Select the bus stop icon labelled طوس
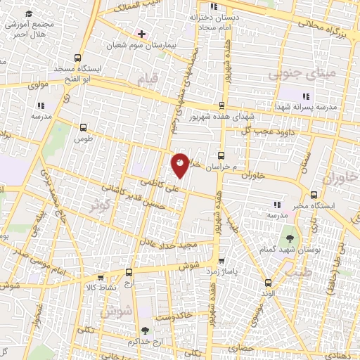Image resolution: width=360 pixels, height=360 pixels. coord(84,128)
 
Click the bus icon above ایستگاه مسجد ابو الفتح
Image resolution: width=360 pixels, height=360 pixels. coord(77,58)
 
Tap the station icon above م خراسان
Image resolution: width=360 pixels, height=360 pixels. coord(221,155)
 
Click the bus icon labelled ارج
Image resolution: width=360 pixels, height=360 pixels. coord(129,272)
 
